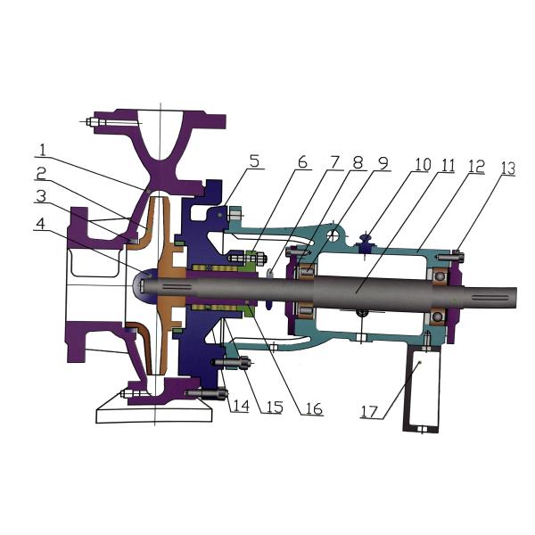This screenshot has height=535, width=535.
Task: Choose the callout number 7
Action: click(x=335, y=162)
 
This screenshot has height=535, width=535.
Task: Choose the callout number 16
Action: click(x=311, y=409)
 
